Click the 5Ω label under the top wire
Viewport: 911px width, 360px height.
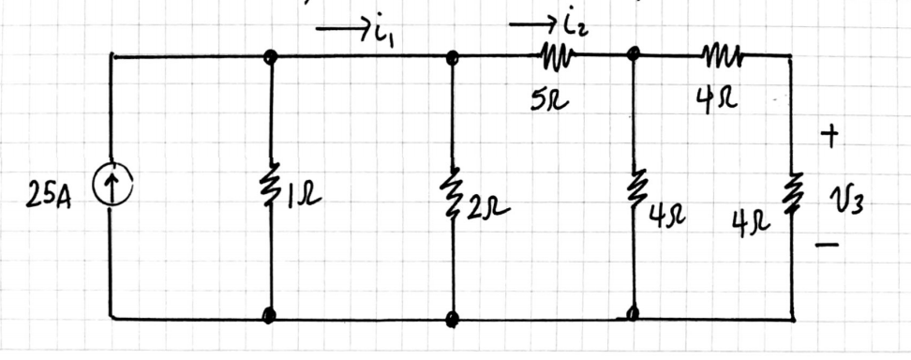click(545, 97)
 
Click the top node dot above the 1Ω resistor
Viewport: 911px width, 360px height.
click(270, 57)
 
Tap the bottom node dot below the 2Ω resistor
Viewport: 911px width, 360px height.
click(453, 318)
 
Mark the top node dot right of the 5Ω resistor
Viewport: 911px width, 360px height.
click(634, 56)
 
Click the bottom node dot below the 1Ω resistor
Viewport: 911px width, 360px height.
click(270, 316)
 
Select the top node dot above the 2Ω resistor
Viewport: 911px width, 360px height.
click(453, 57)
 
